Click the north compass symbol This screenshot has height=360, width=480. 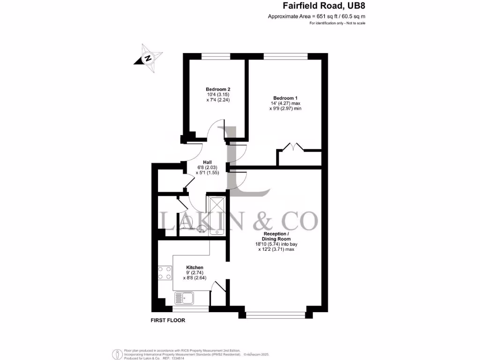tap(148, 58)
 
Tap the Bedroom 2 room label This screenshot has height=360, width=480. tap(218, 89)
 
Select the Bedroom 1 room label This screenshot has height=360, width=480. tap(285, 97)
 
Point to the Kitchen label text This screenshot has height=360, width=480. tap(194, 267)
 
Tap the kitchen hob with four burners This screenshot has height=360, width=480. tap(165, 273)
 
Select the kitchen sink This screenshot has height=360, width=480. tap(185, 298)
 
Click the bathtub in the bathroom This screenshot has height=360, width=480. tap(217, 215)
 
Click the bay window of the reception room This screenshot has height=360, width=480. tap(276, 315)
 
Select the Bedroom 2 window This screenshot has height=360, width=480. tap(216, 56)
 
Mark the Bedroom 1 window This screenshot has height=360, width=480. tap(285, 56)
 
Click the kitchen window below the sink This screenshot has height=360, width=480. tap(191, 309)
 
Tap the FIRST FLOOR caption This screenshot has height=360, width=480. tap(168, 321)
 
